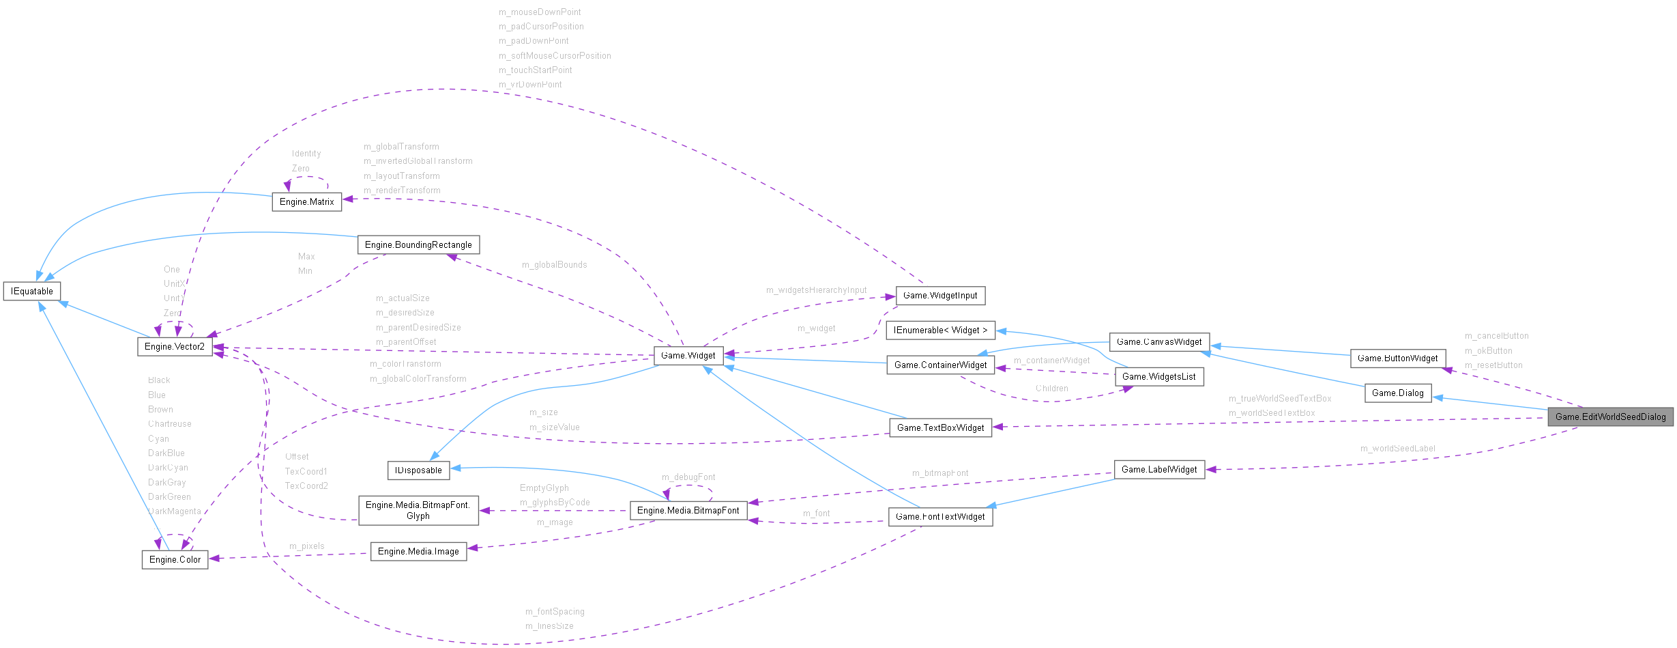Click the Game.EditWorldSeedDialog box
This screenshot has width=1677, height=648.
click(x=1610, y=417)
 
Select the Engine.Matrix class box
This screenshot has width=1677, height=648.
click(x=306, y=202)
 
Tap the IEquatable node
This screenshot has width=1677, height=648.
click(x=32, y=292)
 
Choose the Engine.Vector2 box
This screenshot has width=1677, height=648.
click(x=175, y=347)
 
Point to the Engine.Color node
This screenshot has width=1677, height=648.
click(x=175, y=560)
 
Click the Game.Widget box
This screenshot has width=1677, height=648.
click(x=688, y=356)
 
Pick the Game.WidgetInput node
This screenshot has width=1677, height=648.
click(x=939, y=296)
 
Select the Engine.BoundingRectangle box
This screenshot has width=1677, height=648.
click(x=418, y=245)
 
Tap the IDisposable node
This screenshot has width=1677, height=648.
click(x=418, y=470)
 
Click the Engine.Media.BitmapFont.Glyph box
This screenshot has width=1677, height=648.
click(x=418, y=511)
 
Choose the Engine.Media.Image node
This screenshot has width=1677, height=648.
click(x=418, y=552)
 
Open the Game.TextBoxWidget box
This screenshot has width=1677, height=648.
click(x=940, y=428)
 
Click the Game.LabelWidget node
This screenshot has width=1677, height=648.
click(x=1158, y=470)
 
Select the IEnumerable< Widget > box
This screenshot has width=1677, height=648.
click(x=940, y=330)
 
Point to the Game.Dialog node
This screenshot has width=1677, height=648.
click(x=1397, y=393)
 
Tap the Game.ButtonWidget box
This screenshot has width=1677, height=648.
click(x=1397, y=358)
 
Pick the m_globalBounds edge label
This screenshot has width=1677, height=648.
click(x=554, y=265)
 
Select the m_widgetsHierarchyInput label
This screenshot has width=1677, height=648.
click(x=816, y=290)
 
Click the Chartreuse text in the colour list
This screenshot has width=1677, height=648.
click(x=170, y=424)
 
